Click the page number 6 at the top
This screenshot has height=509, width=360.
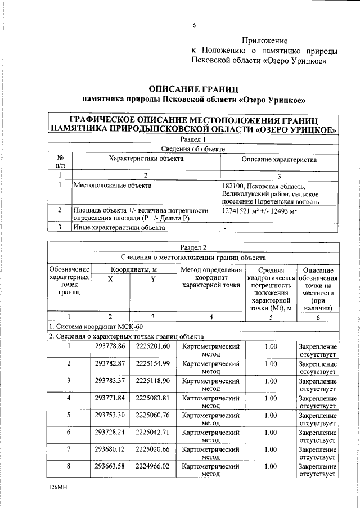pyautogui.click(x=193, y=25)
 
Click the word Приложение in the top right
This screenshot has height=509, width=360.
pyautogui.click(x=265, y=40)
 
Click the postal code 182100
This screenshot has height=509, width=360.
pyautogui.click(x=235, y=187)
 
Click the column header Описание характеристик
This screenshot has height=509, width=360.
pyautogui.click(x=280, y=160)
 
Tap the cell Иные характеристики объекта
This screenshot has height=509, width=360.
pyautogui.click(x=119, y=228)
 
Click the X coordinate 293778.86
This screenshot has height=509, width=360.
pyautogui.click(x=110, y=346)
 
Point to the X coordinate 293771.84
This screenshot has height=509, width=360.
pyautogui.click(x=110, y=398)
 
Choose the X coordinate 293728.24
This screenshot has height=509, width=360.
pyautogui.click(x=110, y=433)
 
